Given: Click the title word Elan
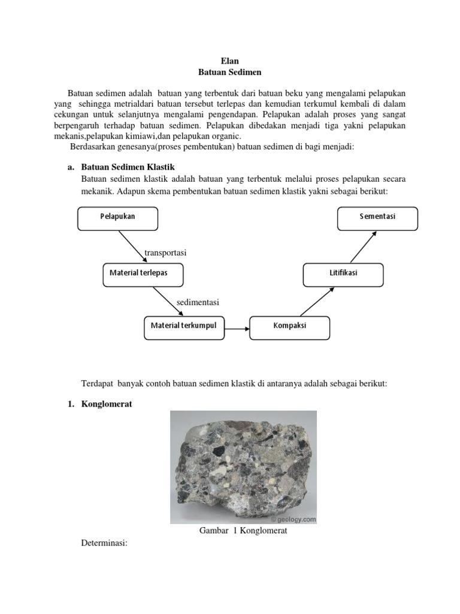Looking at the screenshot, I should tap(230, 61).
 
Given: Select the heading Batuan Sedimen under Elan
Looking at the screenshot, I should tap(230, 72).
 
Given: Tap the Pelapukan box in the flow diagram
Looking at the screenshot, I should tap(118, 218).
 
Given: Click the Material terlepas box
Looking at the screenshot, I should tap(143, 274).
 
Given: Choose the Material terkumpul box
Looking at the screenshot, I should tap(184, 327).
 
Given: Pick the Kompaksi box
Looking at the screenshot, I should tap(290, 327).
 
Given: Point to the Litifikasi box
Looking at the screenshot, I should tap(343, 274).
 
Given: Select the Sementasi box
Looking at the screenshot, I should tap(377, 218).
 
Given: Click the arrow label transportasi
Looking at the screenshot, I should tap(165, 253).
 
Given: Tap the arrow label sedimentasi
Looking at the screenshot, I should tap(198, 302).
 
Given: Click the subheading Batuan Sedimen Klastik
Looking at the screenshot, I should tap(128, 167).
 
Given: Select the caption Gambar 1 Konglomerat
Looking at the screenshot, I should tap(243, 531).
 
